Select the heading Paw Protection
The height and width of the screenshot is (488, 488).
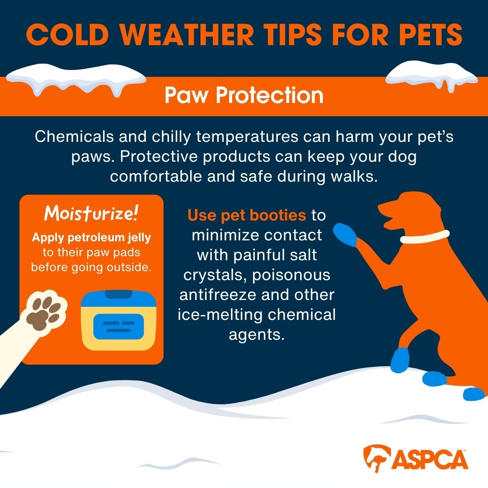pos(244,95)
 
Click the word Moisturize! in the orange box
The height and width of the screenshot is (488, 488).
pos(91,213)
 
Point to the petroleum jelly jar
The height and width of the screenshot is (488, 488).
pos(118,320)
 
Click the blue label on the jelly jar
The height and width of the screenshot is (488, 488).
pos(118,327)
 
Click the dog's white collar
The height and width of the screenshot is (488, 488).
pos(424,237)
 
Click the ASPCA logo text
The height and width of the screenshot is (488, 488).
pos(430,459)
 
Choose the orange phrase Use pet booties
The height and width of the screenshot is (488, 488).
pos(247,216)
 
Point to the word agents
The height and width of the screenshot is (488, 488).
pos(257,335)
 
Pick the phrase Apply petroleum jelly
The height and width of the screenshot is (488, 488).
pos(91,238)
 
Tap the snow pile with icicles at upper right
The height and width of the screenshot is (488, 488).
pos(432,75)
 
